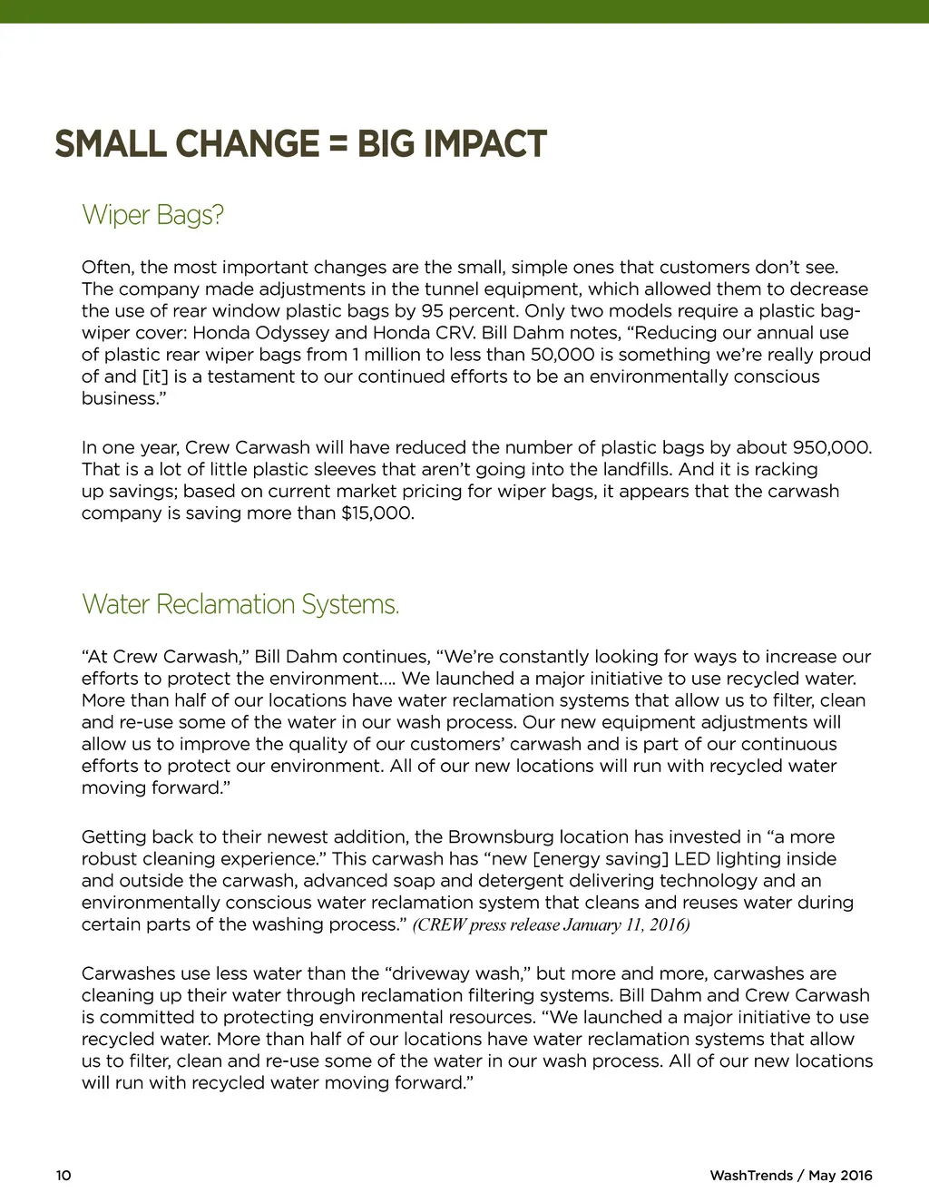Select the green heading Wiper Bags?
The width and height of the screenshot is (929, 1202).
click(x=152, y=215)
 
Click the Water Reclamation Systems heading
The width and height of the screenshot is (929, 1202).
click(x=240, y=604)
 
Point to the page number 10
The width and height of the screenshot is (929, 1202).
click(x=64, y=1176)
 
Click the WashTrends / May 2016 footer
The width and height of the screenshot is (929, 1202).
click(x=790, y=1176)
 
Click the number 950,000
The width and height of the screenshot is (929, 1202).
click(x=832, y=448)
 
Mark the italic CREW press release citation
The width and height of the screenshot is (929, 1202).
click(x=551, y=925)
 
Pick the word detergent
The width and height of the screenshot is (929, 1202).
click(x=508, y=881)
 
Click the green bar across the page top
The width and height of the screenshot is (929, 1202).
click(x=464, y=11)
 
